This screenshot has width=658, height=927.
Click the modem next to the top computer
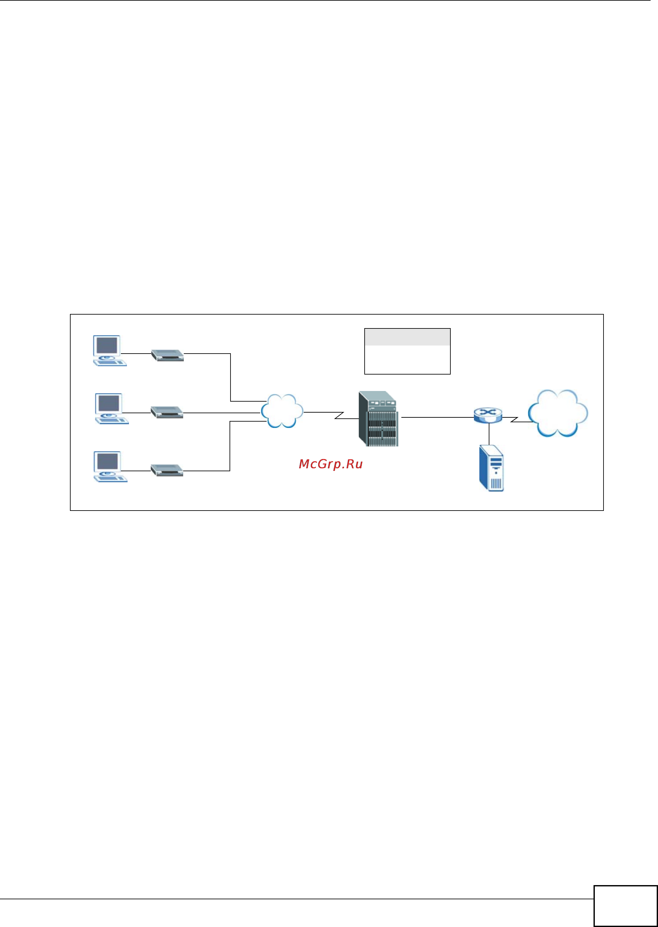[x=167, y=355]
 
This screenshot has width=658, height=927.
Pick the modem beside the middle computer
[x=167, y=412]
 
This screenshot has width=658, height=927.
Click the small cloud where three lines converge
[x=282, y=411]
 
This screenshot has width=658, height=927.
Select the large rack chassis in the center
[x=378, y=418]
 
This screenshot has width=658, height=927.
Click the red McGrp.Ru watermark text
[x=330, y=464]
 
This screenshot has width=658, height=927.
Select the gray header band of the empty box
[x=407, y=337]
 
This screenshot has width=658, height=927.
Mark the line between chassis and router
[x=437, y=417]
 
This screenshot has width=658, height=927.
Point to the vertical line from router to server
[x=489, y=434]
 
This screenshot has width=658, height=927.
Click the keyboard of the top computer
[x=110, y=363]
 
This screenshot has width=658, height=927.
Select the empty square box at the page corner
[x=625, y=906]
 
